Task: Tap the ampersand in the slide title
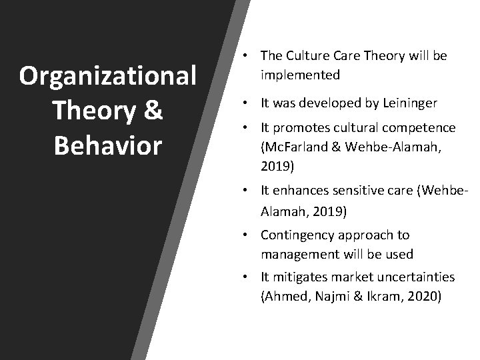tap(153, 111)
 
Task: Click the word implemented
tap(300, 75)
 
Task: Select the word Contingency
tap(297, 235)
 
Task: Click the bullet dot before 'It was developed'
tap(247, 103)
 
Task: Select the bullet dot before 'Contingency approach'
tap(247, 235)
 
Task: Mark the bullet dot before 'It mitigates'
tap(247, 277)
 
